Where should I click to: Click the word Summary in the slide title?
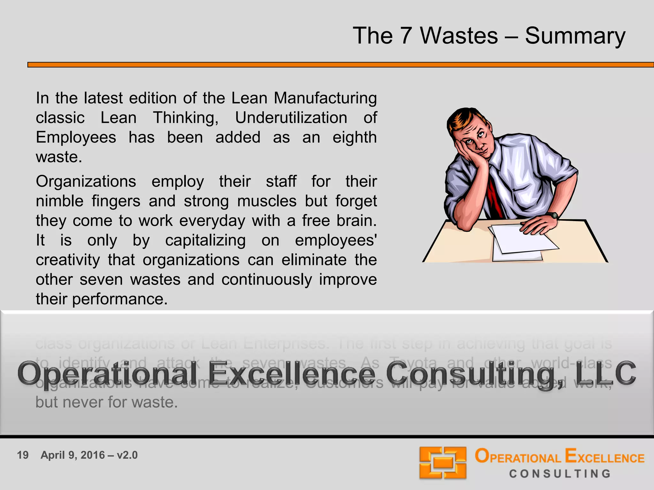[575, 36]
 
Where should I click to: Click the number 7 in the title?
[406, 36]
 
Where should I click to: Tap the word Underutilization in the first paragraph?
[291, 118]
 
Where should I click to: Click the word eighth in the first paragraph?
[354, 137]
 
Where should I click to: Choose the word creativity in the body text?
[68, 260]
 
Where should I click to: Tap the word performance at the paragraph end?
[119, 299]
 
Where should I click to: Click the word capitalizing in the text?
[205, 241]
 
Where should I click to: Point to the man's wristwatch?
[553, 215]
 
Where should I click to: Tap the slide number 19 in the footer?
[23, 455]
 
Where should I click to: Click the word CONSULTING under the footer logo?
[560, 474]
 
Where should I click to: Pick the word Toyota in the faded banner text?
[413, 363]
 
